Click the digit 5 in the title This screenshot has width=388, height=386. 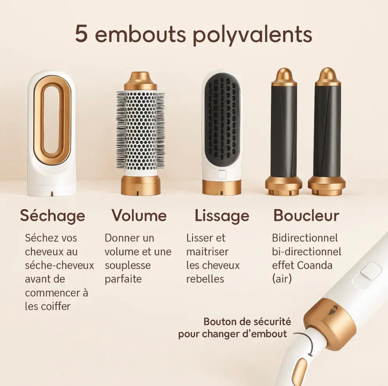(x=82, y=34)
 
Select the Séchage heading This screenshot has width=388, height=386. (x=52, y=216)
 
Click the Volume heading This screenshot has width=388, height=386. (x=139, y=215)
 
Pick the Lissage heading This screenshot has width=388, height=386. (x=222, y=216)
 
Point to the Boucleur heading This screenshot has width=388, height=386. (x=306, y=215)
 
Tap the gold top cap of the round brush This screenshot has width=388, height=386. (x=140, y=81)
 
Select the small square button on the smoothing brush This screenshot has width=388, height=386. (x=221, y=175)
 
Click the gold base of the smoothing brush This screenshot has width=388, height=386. (x=222, y=187)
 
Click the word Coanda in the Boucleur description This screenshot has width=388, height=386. (x=314, y=265)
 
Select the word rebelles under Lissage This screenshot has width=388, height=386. (x=205, y=279)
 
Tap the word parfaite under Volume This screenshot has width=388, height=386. (x=123, y=279)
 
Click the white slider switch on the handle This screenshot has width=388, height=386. (x=371, y=271)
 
